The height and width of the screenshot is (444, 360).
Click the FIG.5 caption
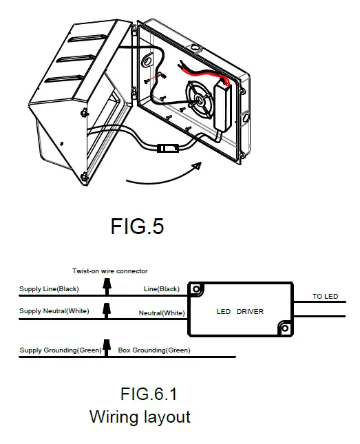pos(137,226)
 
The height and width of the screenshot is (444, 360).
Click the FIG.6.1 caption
pos(149,394)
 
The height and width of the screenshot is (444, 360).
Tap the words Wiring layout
pos(140,417)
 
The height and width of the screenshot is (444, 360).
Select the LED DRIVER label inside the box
pos(240,312)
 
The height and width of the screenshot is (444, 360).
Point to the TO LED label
pos(326,297)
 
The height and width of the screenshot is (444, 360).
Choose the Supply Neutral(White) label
pos(54,311)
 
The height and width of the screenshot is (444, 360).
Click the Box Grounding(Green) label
pos(155,350)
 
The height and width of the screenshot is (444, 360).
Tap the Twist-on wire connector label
pos(110,271)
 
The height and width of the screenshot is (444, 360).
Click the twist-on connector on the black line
pos(107,290)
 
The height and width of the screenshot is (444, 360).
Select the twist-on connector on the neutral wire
pos(107,313)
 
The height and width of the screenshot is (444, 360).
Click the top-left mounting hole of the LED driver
pos(197,289)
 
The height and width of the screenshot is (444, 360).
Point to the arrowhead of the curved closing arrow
pos(198,166)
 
